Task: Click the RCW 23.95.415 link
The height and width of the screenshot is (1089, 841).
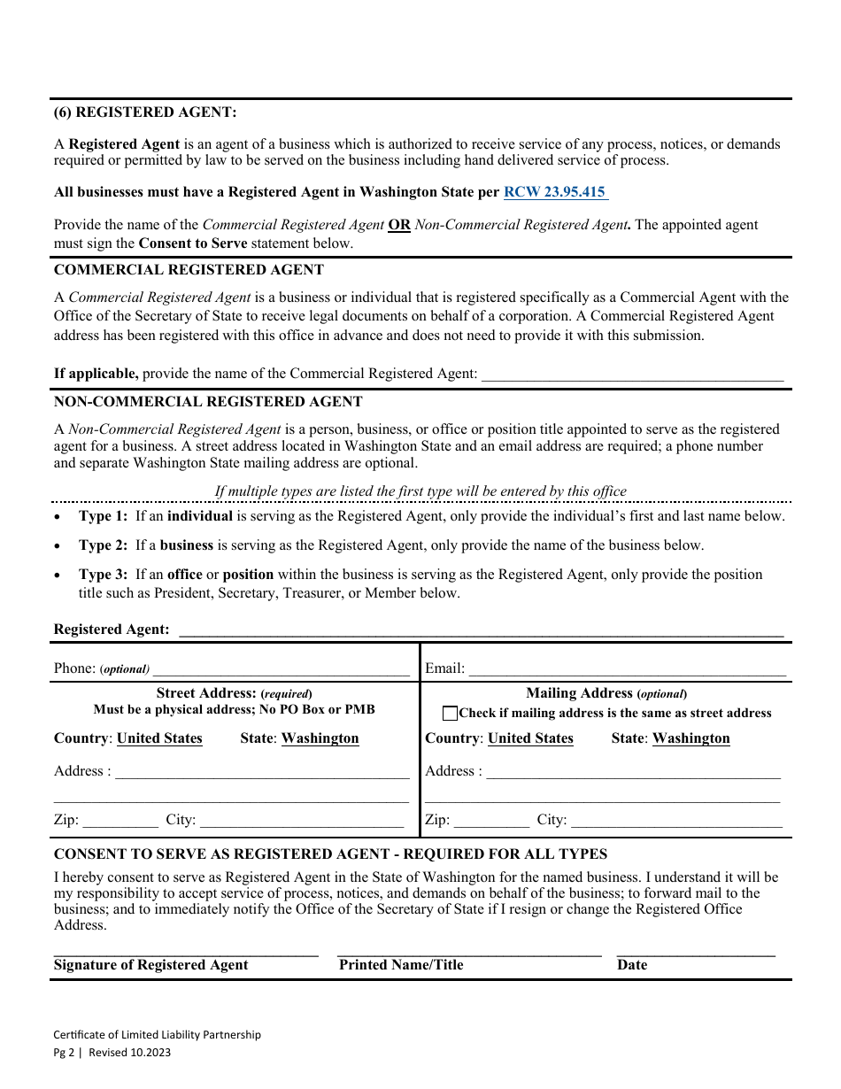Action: [x=555, y=191]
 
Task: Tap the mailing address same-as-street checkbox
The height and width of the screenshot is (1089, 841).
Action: [x=450, y=714]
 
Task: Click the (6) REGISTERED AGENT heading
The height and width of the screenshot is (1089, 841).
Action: [x=145, y=112]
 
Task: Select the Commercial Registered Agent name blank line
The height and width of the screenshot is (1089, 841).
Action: [x=632, y=375]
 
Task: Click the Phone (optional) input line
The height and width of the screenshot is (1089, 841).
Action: [x=281, y=670]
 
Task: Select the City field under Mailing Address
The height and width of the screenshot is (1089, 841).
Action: [x=676, y=822]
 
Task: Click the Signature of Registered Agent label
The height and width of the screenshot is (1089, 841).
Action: [x=150, y=965]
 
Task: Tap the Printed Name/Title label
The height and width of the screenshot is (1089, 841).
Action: [x=401, y=965]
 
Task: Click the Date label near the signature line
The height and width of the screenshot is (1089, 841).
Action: [x=632, y=965]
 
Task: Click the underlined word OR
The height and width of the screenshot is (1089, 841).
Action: [x=399, y=225]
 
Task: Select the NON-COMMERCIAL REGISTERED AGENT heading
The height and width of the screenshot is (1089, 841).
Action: [x=208, y=402]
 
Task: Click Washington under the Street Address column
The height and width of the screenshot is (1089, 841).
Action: [x=320, y=738]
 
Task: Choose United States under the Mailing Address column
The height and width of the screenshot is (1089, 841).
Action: [x=530, y=738]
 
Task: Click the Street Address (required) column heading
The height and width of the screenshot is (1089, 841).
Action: [x=234, y=694]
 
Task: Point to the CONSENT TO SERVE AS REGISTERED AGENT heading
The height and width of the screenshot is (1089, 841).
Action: [x=330, y=854]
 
